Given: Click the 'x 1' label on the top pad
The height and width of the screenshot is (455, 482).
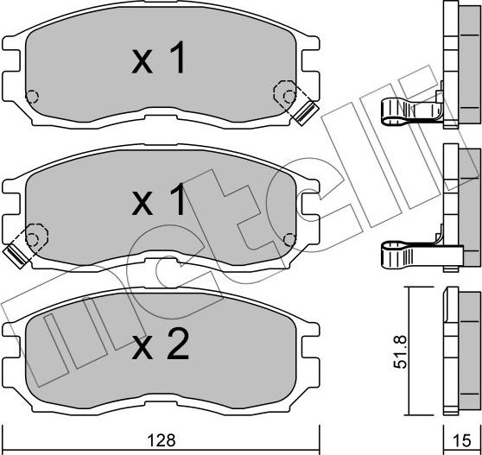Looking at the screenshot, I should click(x=159, y=60).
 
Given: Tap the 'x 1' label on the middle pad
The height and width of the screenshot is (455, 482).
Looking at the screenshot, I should click(x=159, y=202).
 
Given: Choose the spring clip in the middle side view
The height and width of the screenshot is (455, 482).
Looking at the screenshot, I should click(x=412, y=254).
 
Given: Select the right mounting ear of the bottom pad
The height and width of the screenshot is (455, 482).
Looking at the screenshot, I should click(x=308, y=330).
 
